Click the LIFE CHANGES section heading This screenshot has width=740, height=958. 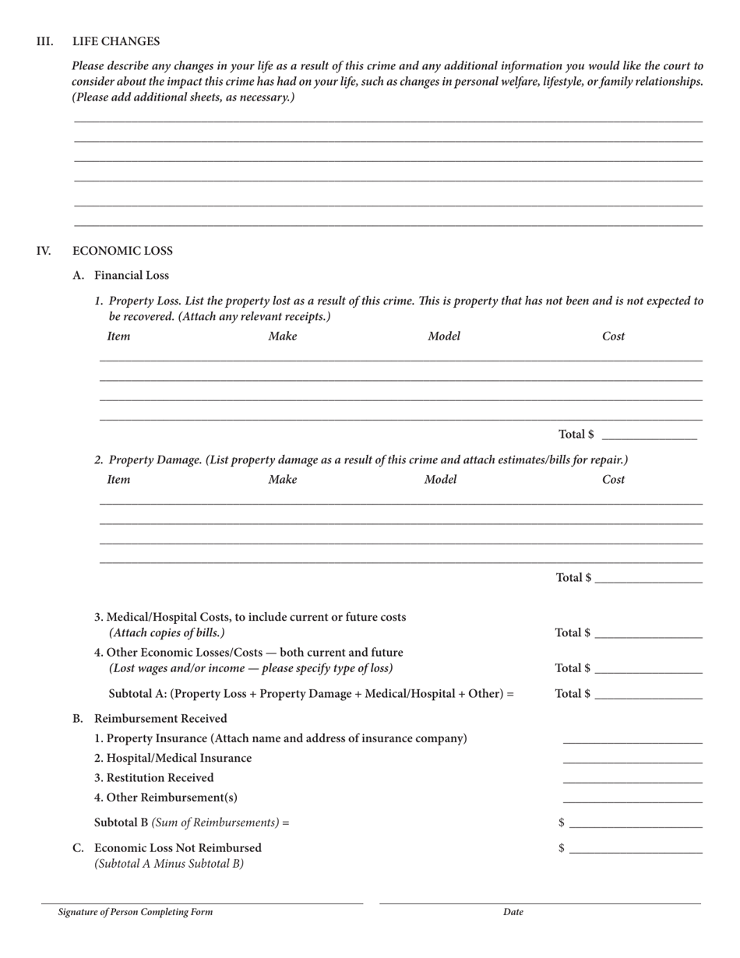[116, 41]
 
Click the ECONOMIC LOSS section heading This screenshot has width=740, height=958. [122, 251]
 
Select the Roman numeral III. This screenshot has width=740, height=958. [44, 41]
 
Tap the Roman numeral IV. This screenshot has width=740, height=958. [44, 251]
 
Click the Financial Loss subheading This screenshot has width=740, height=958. [131, 275]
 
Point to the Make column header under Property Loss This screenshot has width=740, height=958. [282, 336]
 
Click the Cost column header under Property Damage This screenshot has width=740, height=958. [613, 480]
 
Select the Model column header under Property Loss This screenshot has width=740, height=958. [443, 336]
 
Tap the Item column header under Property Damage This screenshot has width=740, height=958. [118, 480]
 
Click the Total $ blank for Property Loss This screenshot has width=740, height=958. [649, 434]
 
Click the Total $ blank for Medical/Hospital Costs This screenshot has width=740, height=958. [647, 632]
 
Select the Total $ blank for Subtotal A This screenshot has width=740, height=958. [647, 693]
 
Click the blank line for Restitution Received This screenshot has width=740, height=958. [632, 778]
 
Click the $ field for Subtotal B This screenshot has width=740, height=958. [635, 822]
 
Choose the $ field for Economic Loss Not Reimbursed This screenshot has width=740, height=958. [635, 848]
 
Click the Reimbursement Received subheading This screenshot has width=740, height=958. [160, 718]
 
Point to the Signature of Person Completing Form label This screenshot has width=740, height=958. [135, 912]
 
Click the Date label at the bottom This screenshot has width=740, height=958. [513, 912]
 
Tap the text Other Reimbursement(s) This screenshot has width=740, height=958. [166, 798]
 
